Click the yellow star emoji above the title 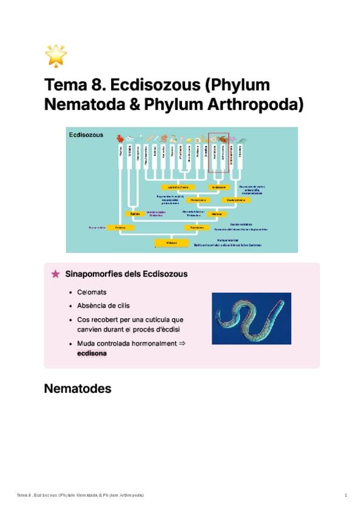tap(56, 55)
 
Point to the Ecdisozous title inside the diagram tap(86, 135)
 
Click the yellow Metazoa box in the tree tap(172, 242)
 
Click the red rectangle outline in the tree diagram tap(218, 152)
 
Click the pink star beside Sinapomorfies tap(56, 274)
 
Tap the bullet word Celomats tap(92, 292)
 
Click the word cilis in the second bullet tap(123, 305)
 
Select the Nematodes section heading tap(78, 389)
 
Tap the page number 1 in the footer tap(346, 496)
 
